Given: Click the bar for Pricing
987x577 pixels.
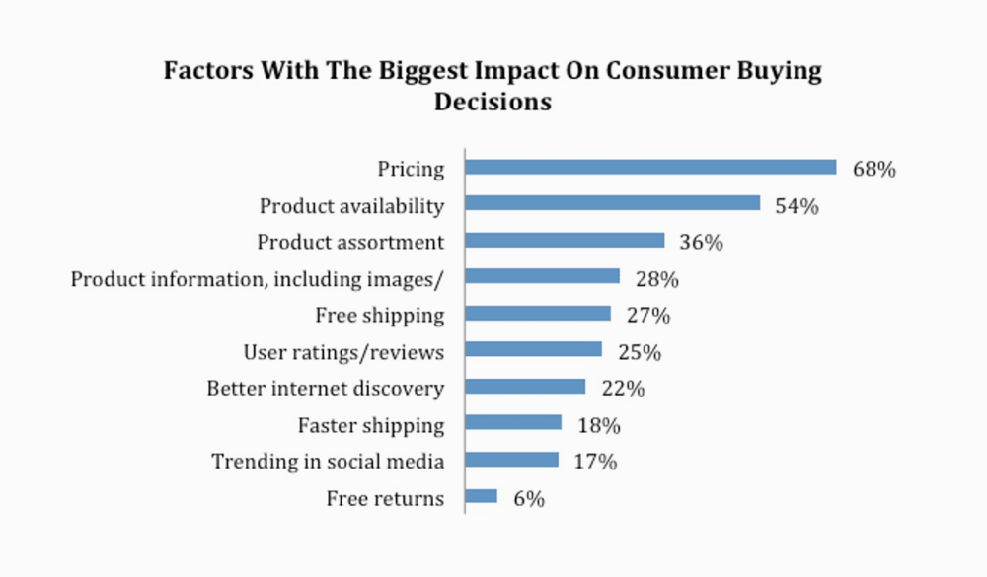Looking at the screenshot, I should (650, 167).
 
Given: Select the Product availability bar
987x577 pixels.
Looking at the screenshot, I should (612, 203).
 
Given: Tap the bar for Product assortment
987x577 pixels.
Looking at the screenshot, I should (565, 240).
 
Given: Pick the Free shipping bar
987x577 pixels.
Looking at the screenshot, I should (538, 313).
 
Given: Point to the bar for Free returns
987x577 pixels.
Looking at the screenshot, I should (481, 496).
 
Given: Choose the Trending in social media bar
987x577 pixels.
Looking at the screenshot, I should (511, 460).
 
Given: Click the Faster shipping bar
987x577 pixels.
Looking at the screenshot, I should (513, 423).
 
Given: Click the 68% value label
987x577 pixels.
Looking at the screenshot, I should (874, 169).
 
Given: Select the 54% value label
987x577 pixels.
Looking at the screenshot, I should (797, 206).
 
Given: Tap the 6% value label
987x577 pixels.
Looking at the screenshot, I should (529, 499).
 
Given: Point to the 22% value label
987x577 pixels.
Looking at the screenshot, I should (623, 389).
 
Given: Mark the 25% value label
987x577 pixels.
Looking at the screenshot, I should (640, 352).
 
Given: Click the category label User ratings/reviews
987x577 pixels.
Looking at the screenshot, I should (343, 352).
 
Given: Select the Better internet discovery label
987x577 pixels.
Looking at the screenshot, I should (325, 389).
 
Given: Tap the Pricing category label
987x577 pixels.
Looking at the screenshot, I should (411, 170).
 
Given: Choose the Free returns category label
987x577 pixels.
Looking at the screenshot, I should (385, 499).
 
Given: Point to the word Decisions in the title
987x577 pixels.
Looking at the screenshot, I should (493, 102).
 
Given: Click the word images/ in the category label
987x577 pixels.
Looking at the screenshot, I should (404, 280).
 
